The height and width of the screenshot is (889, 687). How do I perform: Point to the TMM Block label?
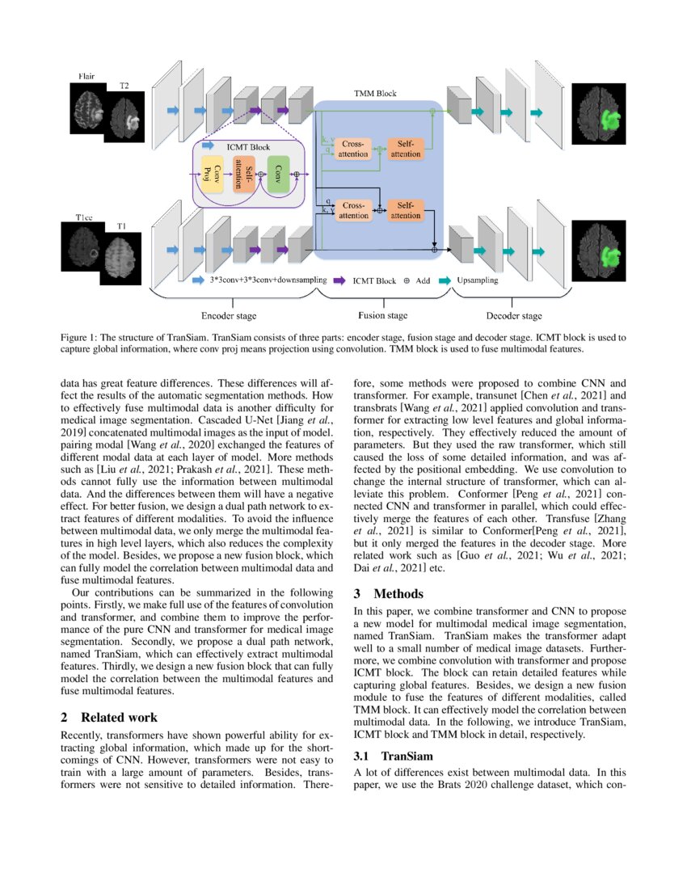click(x=375, y=94)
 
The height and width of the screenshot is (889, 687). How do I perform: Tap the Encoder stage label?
click(x=228, y=315)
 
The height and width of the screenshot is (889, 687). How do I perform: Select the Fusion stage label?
click(x=382, y=315)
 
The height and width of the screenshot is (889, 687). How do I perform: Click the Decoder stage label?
click(x=514, y=315)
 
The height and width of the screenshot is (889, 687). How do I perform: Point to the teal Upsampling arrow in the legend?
click(x=443, y=281)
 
